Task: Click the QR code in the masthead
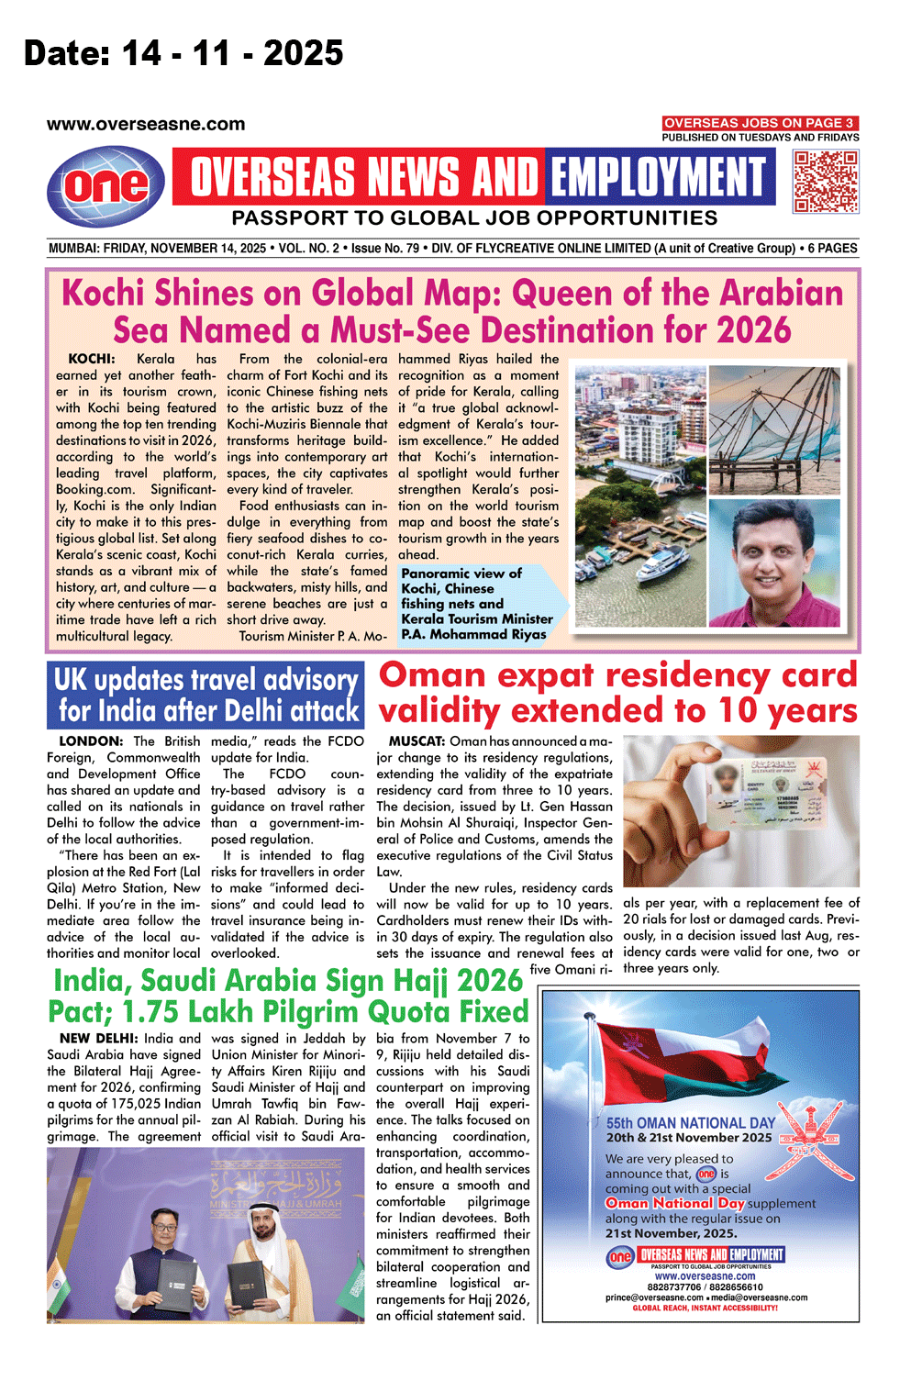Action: coord(826,182)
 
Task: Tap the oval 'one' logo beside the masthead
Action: coord(106,186)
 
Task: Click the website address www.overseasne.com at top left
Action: coord(146,125)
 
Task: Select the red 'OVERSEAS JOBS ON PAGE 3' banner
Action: coord(760,123)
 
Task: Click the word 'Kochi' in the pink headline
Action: coord(104,294)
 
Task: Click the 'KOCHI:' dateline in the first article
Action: coord(92,359)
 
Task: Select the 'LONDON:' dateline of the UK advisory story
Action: coord(90,741)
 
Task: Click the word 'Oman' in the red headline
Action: coord(432,675)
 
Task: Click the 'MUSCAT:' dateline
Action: coord(417,741)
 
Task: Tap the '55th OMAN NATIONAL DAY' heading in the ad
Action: coord(690,1123)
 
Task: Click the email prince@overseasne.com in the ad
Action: coord(654,1297)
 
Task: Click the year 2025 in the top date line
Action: coord(303,53)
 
